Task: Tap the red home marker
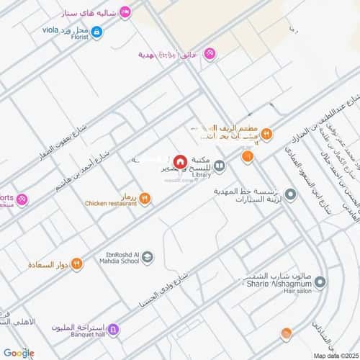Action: (x=179, y=161)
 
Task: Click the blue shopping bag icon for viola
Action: (x=97, y=31)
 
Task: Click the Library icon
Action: (x=219, y=166)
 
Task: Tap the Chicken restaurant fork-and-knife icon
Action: (x=145, y=198)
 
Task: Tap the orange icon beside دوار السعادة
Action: (x=76, y=264)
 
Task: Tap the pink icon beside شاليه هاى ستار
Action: (x=125, y=12)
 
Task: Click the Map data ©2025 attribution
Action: (x=334, y=355)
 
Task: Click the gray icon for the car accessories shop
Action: (x=291, y=194)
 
